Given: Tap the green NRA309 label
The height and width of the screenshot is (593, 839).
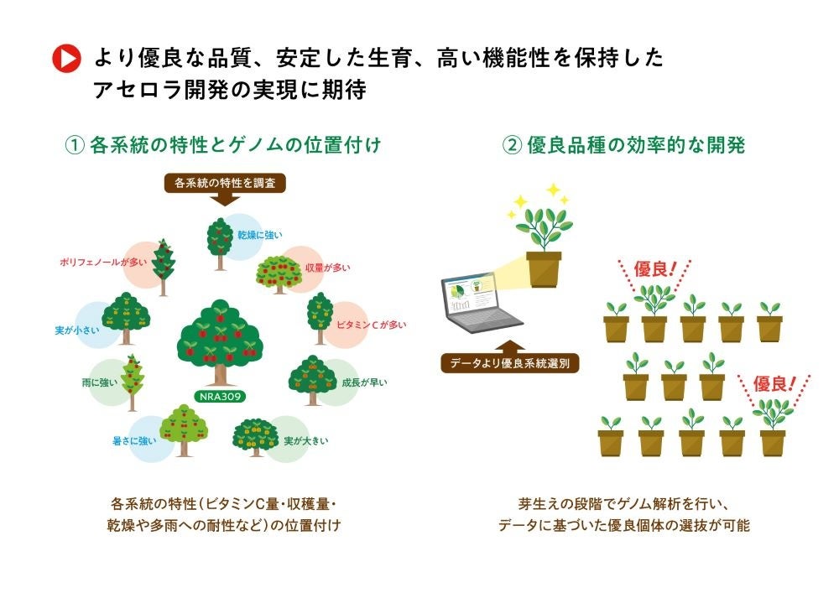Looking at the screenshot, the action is coord(222,395).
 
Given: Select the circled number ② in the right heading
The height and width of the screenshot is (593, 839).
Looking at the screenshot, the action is coord(512,145).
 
